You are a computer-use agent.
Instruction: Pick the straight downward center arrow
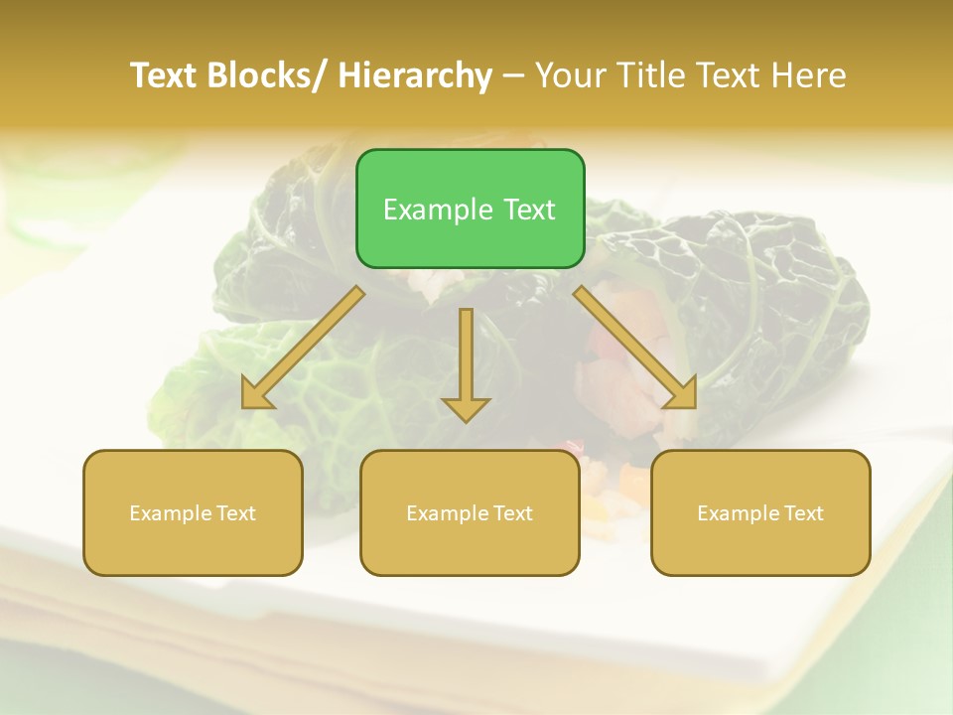466,362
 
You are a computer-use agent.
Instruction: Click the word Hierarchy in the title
415,75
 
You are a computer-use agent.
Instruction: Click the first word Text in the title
165,75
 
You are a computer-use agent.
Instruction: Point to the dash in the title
513,75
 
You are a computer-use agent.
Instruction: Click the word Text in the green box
528,210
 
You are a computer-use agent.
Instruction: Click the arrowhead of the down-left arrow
255,395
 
